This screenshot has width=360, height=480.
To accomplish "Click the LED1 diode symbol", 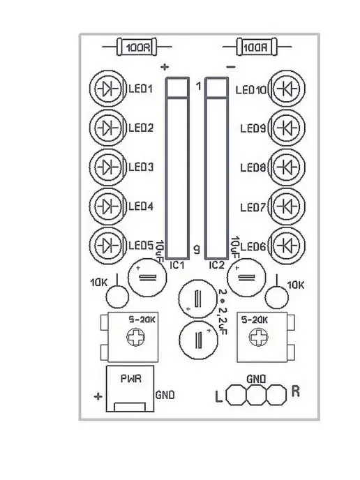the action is [107, 89].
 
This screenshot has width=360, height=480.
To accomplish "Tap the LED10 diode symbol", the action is [287, 89].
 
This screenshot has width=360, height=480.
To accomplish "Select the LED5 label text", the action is [141, 246].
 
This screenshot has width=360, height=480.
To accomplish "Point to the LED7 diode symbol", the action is [287, 207].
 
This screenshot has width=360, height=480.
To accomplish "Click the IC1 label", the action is [177, 265].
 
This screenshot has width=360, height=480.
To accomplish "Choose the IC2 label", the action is [217, 265].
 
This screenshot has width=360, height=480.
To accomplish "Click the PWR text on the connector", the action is [131, 379].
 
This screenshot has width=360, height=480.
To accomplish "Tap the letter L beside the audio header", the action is [218, 397].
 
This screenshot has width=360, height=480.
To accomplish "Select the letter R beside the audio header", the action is [295, 391].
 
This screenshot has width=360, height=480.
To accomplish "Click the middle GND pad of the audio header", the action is [256, 395].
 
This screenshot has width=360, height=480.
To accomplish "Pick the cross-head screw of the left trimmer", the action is [135, 337].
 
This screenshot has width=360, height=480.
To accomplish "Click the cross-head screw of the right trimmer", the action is [259, 337].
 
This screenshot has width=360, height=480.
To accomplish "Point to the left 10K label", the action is [98, 283].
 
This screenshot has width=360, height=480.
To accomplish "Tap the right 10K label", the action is [296, 285].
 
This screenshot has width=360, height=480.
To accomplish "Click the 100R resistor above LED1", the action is [137, 47].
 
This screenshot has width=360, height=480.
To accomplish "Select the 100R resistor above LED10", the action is [257, 47].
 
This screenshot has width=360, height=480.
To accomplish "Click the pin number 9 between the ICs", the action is [196, 250].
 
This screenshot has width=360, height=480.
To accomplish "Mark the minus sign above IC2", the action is [230, 67].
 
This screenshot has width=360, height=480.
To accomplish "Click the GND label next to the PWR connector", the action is [165, 395].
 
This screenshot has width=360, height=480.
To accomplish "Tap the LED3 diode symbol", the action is [107, 167].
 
